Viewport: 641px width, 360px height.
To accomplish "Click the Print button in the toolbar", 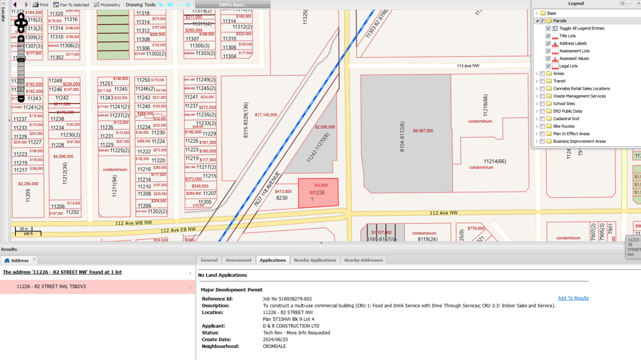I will point(41,5).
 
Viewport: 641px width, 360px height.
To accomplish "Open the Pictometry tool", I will point(107,5).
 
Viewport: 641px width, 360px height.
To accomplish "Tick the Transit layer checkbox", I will point(542,81).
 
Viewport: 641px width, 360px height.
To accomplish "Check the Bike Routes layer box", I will point(542,126).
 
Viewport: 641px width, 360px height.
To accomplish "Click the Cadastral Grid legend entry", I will point(566,119).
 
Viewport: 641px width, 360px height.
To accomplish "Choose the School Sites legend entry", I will point(564,104).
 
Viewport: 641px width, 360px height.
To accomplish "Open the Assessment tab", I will point(238,260).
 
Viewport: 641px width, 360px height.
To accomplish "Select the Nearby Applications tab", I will point(315,260).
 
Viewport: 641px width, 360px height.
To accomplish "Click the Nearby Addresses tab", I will point(363,260).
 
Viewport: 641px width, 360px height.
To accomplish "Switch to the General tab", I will point(209,260).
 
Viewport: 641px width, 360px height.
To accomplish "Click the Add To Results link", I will point(573,298).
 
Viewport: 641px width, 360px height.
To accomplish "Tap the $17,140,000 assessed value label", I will point(266,115).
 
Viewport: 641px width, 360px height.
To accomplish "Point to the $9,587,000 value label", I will point(423,131).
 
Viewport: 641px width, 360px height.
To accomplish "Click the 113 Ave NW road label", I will point(468,66).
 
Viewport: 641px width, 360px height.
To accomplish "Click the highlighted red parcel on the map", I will point(318,193).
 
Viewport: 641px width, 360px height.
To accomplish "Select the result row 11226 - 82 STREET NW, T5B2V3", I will point(51,287).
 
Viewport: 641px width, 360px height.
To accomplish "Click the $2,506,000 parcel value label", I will point(325,127).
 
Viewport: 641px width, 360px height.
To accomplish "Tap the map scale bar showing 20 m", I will point(28,231).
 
